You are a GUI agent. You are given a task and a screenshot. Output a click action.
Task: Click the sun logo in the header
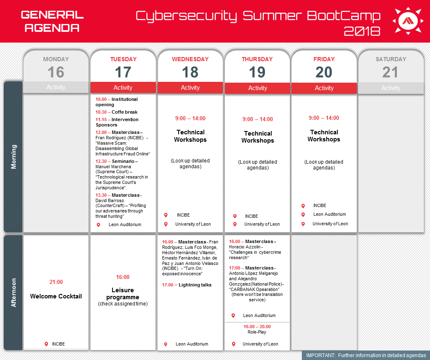408,21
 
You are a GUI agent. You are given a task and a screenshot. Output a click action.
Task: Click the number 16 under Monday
56,72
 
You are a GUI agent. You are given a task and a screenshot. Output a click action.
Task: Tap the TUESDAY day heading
123,59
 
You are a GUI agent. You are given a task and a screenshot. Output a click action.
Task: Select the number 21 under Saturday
390,72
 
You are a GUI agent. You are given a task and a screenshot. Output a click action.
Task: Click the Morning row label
13,157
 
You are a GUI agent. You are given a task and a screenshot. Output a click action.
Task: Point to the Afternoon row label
13,293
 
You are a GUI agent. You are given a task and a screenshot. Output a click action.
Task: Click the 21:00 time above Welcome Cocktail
56,282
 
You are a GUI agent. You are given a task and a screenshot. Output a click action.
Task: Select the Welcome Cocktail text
56,296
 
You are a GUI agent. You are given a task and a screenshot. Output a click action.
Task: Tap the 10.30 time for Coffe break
101,112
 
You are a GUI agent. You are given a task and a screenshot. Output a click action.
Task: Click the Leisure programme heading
122,293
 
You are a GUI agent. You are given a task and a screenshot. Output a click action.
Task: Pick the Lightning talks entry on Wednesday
195,285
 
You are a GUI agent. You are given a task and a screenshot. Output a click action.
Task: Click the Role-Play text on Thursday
257,332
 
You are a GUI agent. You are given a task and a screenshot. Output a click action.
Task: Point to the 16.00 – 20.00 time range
257,327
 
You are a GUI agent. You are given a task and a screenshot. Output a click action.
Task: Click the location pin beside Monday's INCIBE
46,344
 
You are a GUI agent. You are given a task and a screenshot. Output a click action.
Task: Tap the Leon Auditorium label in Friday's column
330,214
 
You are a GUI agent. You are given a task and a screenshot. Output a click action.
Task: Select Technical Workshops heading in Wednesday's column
190,136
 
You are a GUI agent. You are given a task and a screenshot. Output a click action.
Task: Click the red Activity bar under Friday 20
324,88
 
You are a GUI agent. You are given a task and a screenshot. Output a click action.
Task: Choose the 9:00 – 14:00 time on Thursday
258,119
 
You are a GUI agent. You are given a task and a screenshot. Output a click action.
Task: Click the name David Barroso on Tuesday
110,200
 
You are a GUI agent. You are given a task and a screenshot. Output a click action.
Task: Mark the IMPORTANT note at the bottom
366,355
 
